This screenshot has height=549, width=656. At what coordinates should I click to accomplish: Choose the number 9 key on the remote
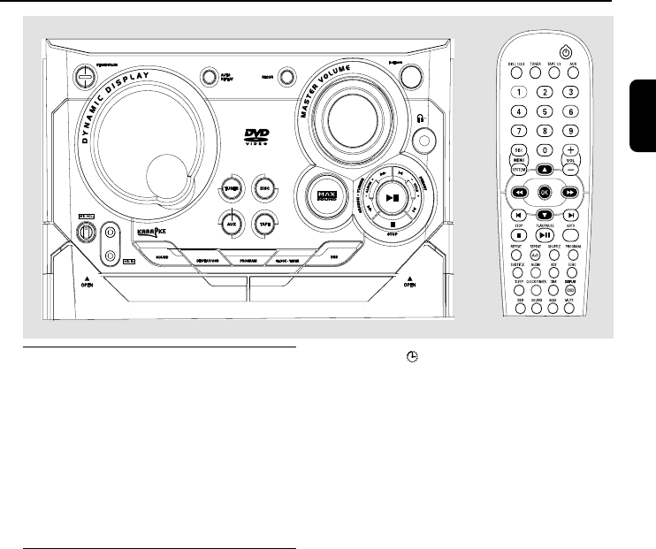coord(572,131)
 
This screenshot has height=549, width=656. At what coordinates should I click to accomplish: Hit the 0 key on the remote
coord(545,150)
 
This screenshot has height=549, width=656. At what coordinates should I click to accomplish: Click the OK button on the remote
coord(545,191)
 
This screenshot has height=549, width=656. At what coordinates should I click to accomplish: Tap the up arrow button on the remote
coord(545,170)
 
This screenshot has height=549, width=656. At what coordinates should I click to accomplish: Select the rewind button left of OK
coord(520,191)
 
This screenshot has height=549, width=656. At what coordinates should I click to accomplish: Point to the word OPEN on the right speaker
coord(409,285)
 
